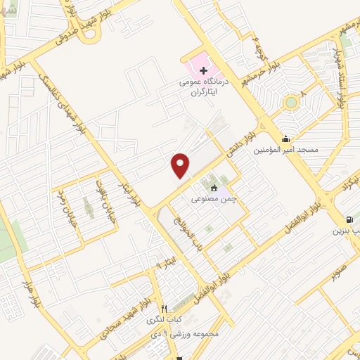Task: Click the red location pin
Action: (181, 165)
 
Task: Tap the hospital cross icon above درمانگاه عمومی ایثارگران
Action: (203, 70)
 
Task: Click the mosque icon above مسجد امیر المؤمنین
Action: (285, 139)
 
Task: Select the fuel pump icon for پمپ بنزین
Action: (350, 219)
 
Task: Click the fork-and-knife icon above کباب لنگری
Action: (165, 308)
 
